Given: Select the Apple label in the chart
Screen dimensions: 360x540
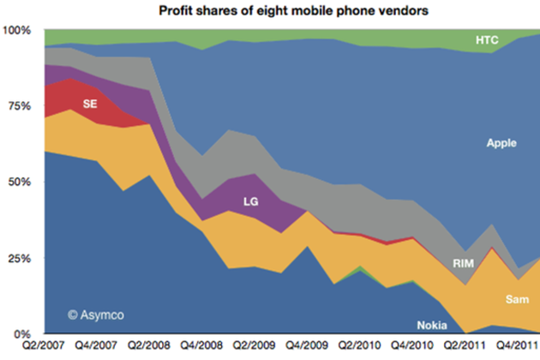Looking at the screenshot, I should coord(501,143).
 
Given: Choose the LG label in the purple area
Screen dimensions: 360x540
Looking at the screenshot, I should coord(251,202).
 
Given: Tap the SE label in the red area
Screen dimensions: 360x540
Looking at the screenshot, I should coord(89,104).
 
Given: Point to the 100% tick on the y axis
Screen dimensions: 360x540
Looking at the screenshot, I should coord(17,30).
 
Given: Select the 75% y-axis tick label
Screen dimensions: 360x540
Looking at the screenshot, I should coord(20,106).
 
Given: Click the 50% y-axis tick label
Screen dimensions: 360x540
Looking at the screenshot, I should coord(20,182).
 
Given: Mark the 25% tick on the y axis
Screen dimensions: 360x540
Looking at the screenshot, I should coord(20,257).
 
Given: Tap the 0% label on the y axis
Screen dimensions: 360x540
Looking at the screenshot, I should coord(23,333).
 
